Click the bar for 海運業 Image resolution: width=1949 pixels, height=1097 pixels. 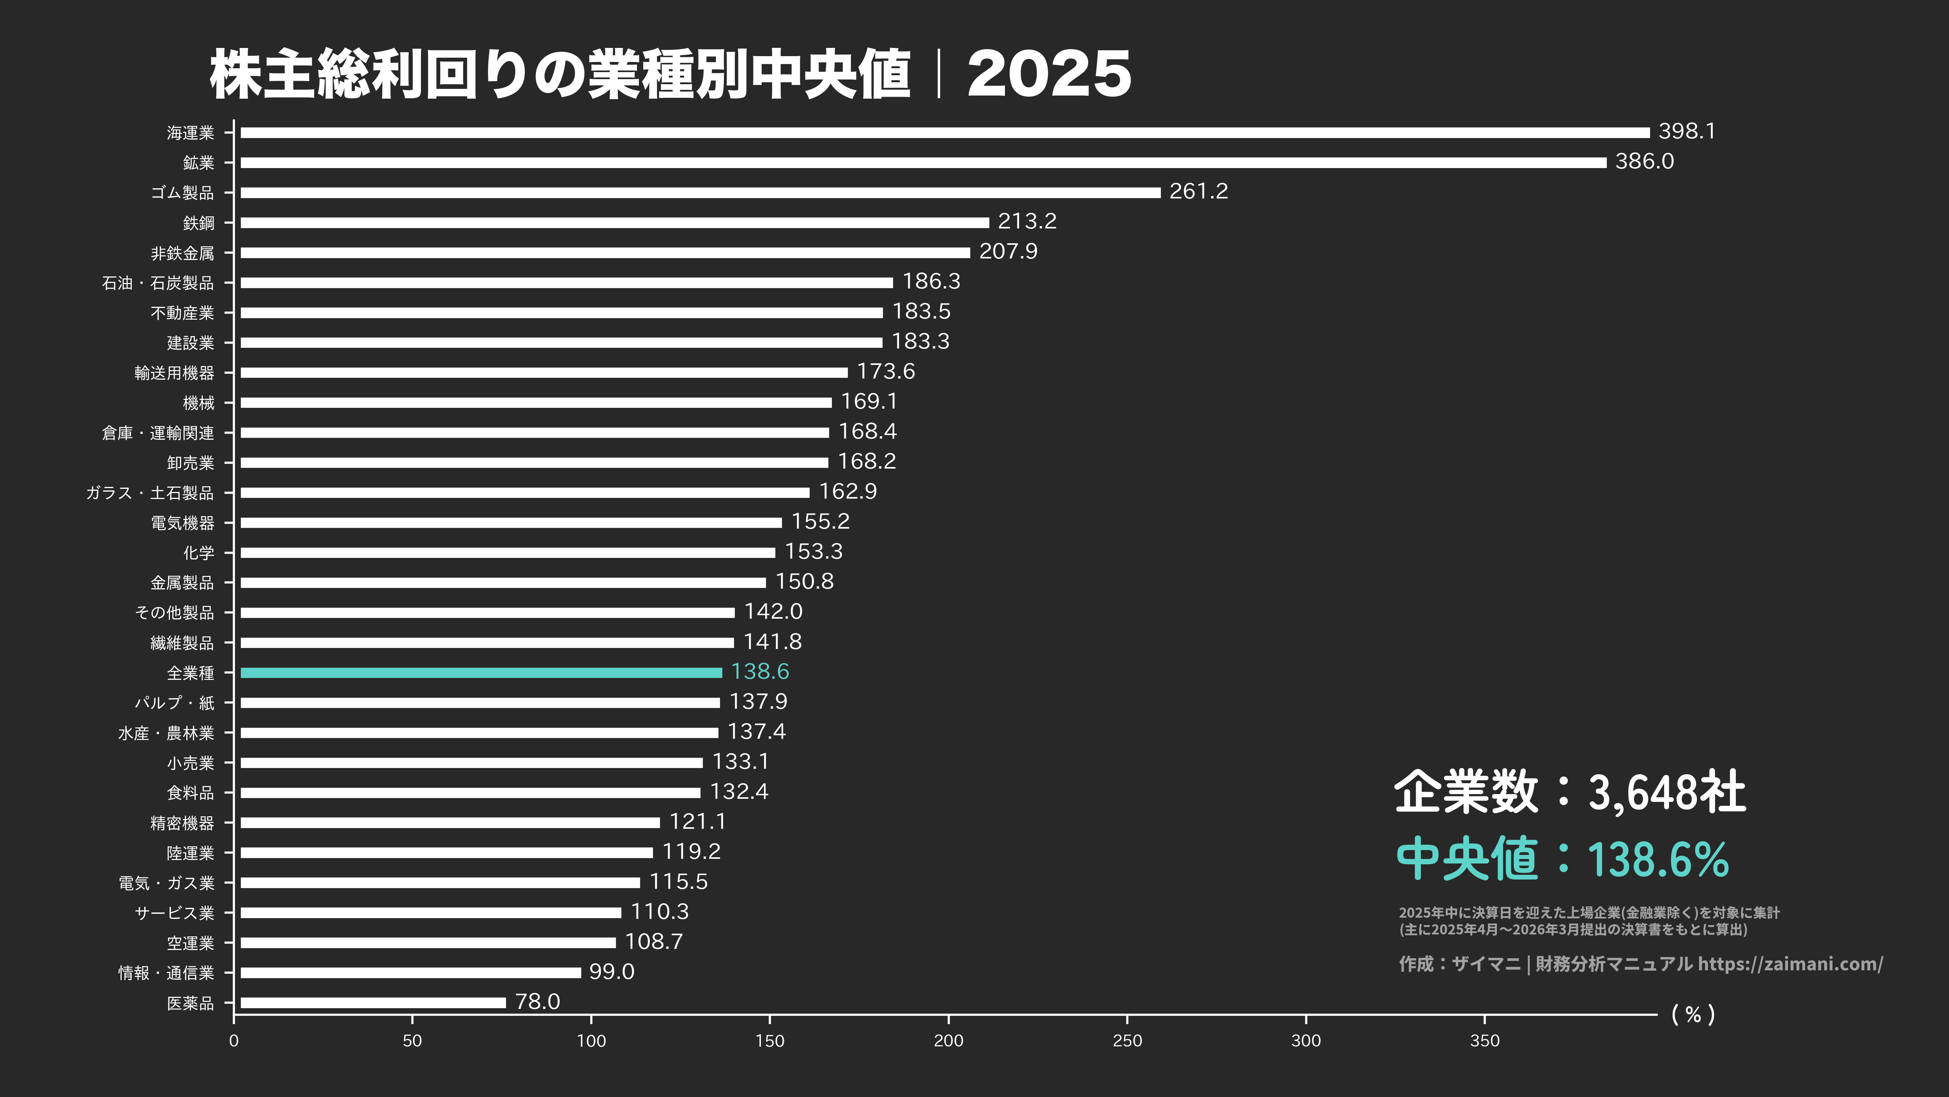(944, 133)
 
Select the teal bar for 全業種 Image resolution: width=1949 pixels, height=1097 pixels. (481, 672)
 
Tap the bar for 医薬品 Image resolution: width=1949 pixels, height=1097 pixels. (373, 1002)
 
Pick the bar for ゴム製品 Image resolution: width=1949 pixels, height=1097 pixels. (700, 192)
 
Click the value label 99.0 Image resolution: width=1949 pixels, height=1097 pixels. (611, 971)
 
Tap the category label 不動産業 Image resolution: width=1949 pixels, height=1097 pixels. (182, 313)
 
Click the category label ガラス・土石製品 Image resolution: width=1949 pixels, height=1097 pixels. (150, 492)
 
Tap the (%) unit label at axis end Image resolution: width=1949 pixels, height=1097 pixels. (1693, 1014)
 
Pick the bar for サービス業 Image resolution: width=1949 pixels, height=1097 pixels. (430, 912)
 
